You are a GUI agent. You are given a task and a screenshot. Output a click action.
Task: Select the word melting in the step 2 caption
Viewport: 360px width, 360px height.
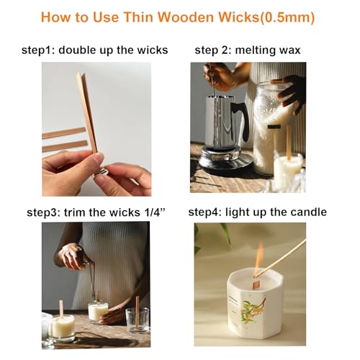pos(255,50)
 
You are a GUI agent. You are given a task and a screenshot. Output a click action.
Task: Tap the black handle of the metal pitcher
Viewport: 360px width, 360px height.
pos(243,121)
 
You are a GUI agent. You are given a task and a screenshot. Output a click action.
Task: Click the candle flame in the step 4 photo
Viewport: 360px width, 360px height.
pos(258,258)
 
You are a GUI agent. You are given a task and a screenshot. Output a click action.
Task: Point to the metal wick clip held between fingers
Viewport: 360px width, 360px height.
pos(103,171)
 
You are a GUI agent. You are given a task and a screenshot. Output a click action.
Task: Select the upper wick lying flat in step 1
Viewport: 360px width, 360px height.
pos(64,133)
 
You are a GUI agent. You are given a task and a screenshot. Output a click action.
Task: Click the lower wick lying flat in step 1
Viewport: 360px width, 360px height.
pos(65,146)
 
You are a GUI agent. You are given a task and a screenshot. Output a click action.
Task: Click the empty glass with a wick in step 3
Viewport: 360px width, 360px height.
pos(138,320)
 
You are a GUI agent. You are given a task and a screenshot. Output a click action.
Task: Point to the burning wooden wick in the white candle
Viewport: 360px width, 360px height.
pos(256,284)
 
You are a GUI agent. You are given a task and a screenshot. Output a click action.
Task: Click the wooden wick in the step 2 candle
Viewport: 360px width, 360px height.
pos(289,143)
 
